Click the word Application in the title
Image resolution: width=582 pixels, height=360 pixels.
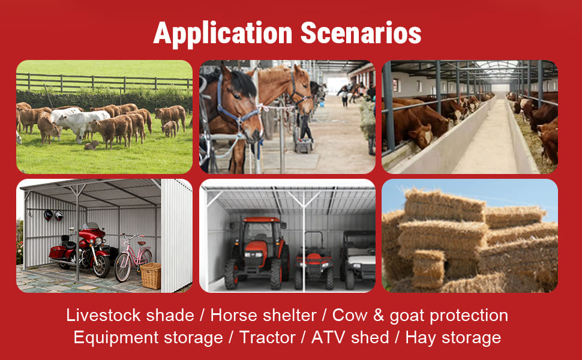pyautogui.click(x=223, y=34)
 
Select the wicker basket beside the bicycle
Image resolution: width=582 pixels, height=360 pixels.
pyautogui.click(x=151, y=276)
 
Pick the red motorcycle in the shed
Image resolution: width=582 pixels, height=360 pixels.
pyautogui.click(x=82, y=251)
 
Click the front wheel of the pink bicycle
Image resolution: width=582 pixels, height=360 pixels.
pyautogui.click(x=122, y=268)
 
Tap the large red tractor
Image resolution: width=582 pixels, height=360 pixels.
pyautogui.click(x=257, y=253)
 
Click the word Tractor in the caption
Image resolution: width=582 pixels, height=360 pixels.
pyautogui.click(x=267, y=338)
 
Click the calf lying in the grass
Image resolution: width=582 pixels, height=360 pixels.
pyautogui.click(x=91, y=145)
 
